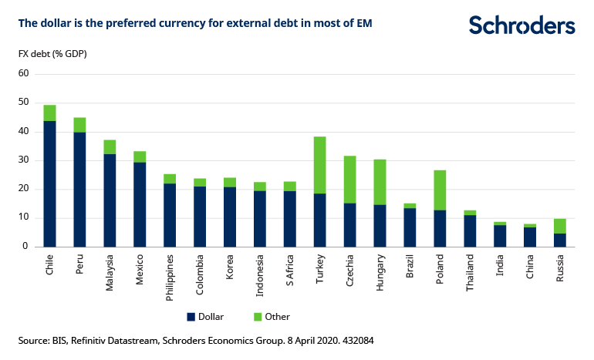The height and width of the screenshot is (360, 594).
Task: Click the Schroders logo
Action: pos(521,25)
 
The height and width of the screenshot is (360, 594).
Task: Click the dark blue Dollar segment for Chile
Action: pos(49,183)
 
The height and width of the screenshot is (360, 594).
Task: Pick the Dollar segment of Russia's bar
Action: pos(559,240)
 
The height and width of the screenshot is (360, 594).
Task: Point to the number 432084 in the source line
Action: pos(357,339)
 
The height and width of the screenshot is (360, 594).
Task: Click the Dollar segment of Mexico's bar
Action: pos(140,204)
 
